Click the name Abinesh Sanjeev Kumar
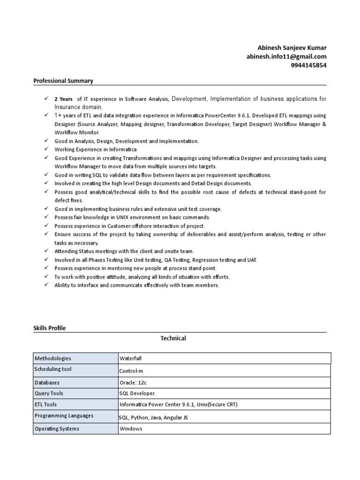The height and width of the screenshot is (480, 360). [292, 48]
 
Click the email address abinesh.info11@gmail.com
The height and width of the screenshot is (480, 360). [286, 56]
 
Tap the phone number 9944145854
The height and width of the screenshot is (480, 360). [308, 65]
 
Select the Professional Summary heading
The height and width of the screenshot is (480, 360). [63, 81]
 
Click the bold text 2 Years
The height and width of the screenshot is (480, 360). [63, 99]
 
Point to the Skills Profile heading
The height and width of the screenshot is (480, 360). [50, 328]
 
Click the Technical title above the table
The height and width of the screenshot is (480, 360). [173, 338]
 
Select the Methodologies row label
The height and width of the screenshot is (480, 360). [53, 359]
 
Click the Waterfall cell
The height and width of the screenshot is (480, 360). [131, 359]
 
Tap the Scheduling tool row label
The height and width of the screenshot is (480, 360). [53, 369]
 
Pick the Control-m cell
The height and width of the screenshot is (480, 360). [131, 371]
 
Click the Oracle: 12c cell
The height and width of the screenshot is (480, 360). [134, 382]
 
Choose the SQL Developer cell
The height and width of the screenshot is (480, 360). [137, 394]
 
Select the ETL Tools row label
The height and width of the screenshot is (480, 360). [46, 404]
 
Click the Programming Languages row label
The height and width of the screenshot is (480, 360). [64, 416]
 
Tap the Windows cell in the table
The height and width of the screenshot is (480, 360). [131, 429]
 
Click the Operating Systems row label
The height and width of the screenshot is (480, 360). [57, 429]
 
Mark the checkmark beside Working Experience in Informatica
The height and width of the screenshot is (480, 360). [46, 149]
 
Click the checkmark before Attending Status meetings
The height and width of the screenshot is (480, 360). [46, 251]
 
